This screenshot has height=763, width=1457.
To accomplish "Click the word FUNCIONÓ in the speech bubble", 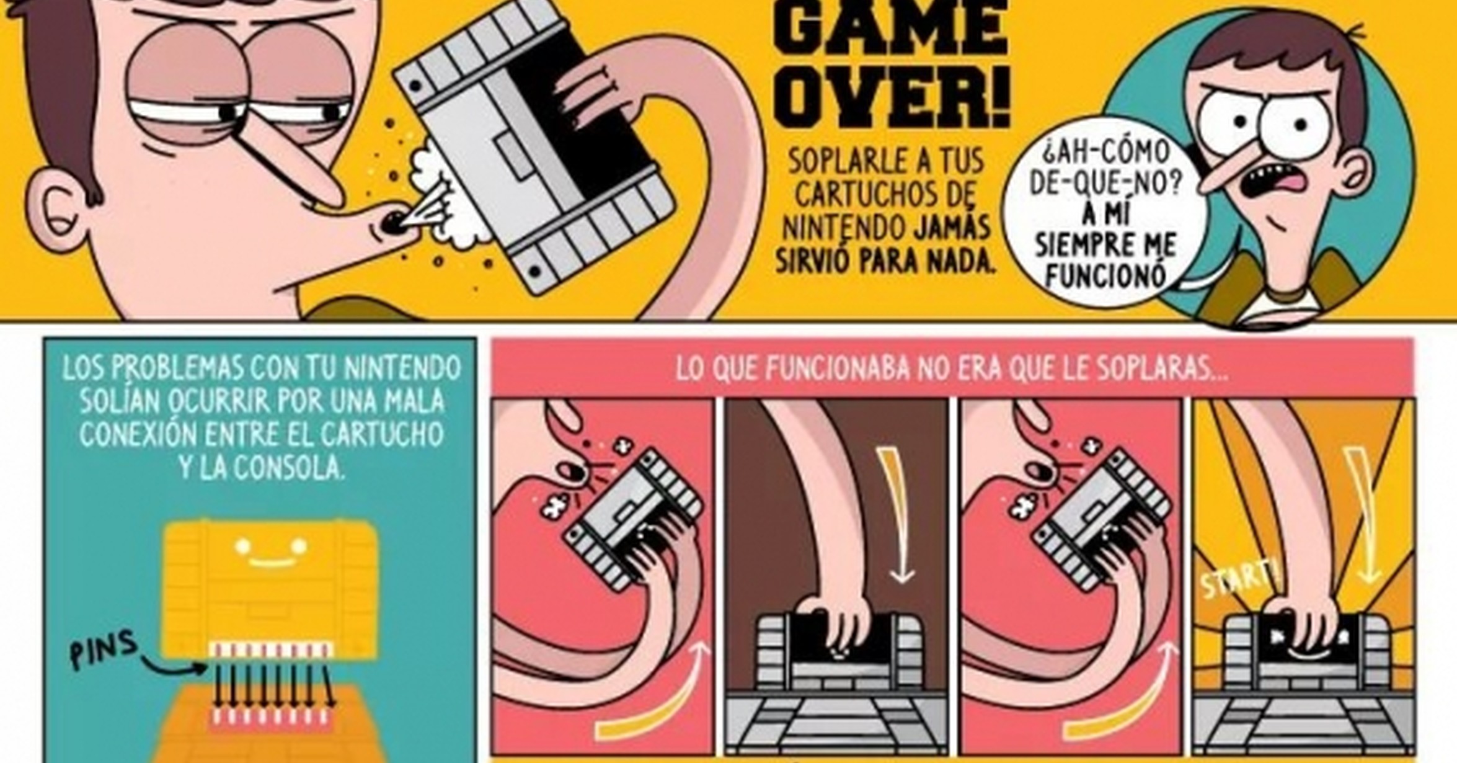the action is pos(1106,277).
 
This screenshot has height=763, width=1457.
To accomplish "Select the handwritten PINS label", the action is pos(103,648).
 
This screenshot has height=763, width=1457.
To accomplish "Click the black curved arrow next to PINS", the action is pos(174,664).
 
